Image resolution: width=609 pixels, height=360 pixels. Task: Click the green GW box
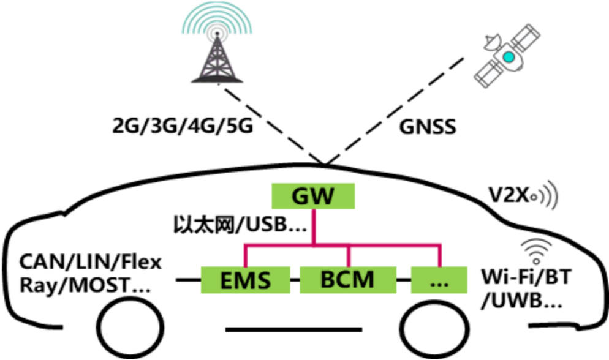[313, 196]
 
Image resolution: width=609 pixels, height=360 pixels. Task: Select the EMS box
[246, 280]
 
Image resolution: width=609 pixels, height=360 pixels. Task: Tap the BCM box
[348, 280]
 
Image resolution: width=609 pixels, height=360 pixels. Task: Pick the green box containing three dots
[439, 280]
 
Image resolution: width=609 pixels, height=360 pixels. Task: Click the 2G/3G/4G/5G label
[183, 126]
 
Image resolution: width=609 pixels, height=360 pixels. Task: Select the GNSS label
[428, 127]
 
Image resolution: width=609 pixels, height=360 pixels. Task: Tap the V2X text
[509, 195]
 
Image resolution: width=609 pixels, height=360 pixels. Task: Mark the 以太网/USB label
[240, 225]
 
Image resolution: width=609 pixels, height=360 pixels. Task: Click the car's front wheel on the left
[130, 328]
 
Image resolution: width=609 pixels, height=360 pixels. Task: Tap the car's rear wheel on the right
[435, 328]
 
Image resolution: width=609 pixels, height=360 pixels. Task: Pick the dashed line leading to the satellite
[394, 111]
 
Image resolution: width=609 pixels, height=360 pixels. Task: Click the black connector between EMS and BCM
[295, 280]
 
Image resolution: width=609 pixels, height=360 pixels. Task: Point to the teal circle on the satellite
[509, 57]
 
